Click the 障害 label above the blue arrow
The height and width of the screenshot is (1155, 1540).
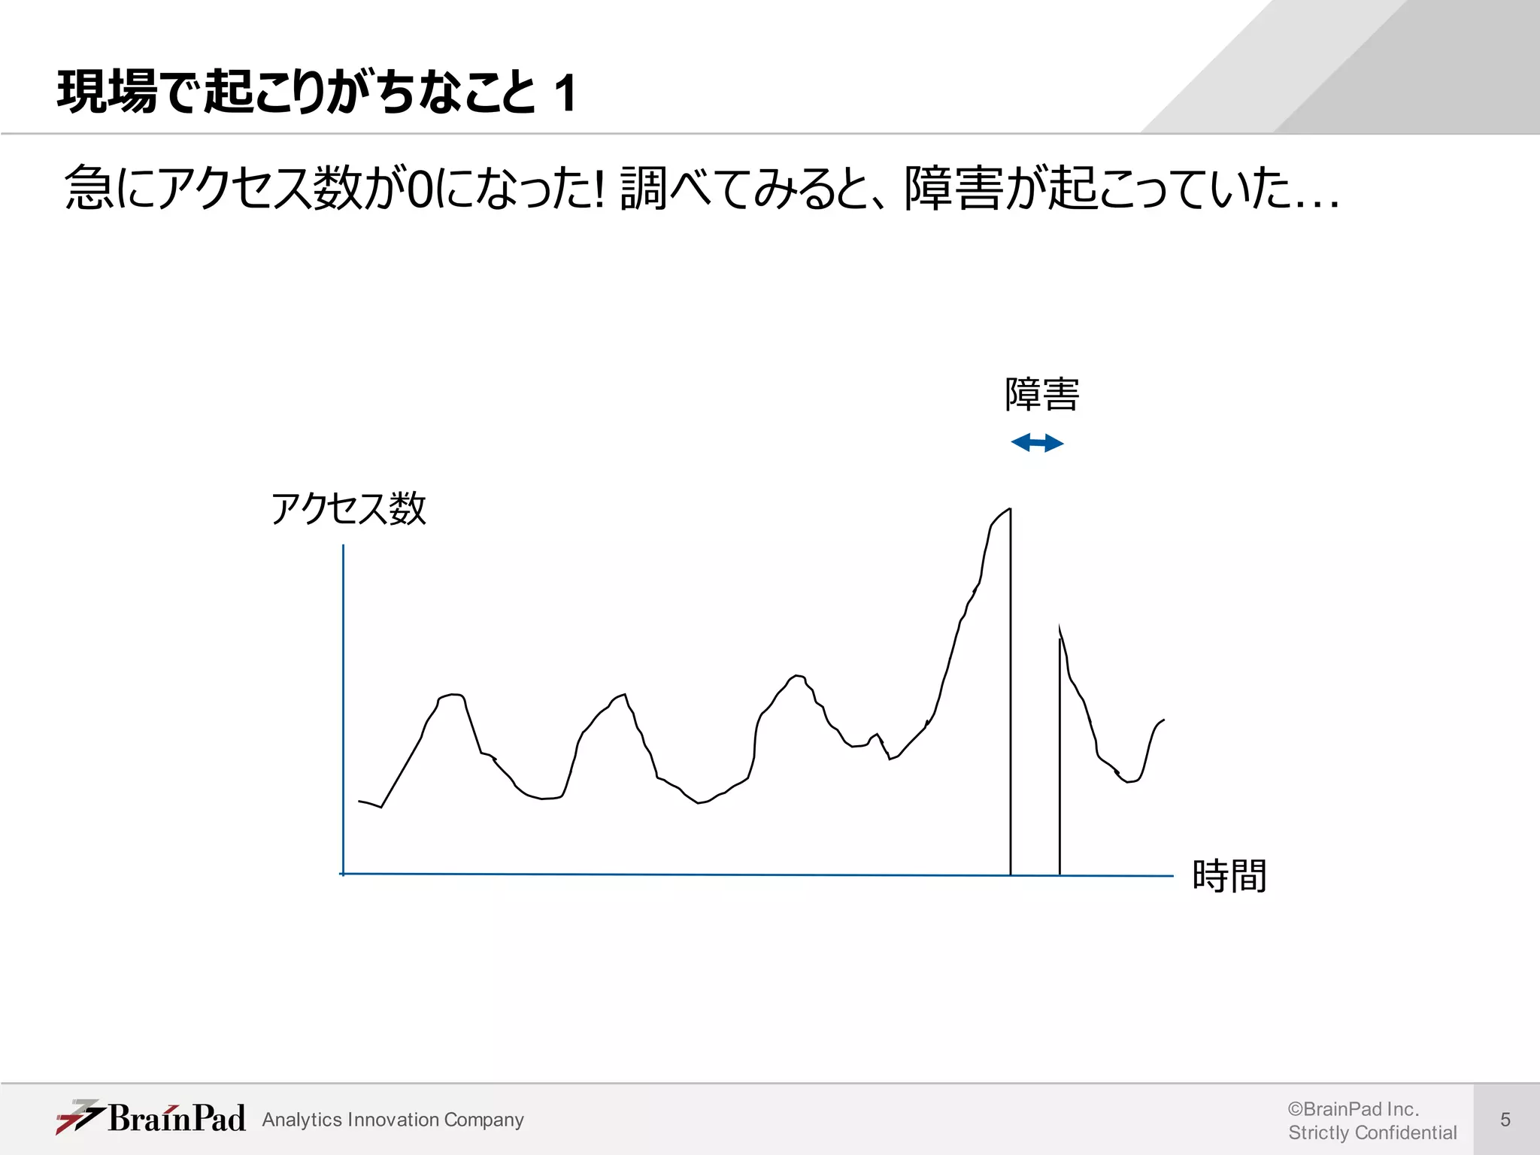[x=1041, y=395]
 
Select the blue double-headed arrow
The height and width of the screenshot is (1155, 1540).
[x=1037, y=443]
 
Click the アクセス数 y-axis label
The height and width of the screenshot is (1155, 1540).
[x=348, y=509]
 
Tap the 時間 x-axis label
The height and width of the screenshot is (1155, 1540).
[x=1229, y=876]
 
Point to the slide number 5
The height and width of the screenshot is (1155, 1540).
[x=1505, y=1120]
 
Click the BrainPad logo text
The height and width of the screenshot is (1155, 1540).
[x=177, y=1118]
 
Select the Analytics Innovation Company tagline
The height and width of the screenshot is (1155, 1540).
[x=393, y=1120]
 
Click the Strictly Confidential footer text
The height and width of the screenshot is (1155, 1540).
[x=1372, y=1132]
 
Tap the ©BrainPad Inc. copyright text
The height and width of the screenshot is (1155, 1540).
[x=1353, y=1109]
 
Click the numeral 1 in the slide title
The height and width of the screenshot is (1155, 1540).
[x=565, y=93]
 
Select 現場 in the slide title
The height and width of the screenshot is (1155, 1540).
[x=107, y=92]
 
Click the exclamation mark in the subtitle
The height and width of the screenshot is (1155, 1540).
[x=599, y=188]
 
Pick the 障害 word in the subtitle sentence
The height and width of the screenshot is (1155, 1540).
[x=952, y=188]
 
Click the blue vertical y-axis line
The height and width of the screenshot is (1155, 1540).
[x=344, y=707]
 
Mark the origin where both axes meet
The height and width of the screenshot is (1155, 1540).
[x=344, y=874]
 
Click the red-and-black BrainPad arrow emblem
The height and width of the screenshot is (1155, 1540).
[x=78, y=1117]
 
